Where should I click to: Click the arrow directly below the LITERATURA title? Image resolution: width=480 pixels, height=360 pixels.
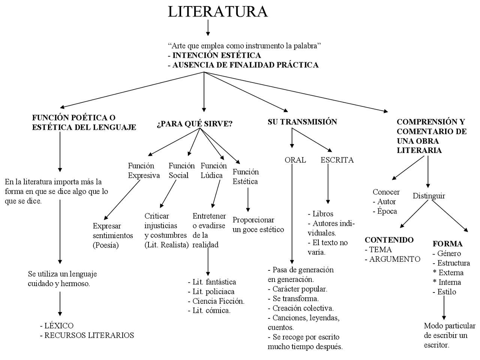pos(208,28)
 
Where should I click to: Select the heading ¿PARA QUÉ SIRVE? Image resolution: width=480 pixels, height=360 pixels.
pos(195,124)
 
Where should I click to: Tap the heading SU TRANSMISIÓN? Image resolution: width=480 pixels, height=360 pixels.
pos(302,121)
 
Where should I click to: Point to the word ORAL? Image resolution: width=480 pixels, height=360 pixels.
pos(295,160)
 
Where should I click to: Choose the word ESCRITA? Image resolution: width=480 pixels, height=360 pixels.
pos(337,160)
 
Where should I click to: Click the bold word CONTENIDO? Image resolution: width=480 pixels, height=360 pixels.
pos(389,240)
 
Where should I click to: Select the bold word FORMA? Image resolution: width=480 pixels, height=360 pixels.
pos(447,244)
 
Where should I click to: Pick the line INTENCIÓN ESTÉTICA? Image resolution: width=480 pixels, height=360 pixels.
pos(216,55)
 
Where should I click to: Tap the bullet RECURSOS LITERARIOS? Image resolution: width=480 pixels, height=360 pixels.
pos(89,335)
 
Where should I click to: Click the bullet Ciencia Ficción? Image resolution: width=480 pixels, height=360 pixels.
pos(218,301)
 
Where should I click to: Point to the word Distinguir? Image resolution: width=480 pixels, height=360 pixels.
pos(429,196)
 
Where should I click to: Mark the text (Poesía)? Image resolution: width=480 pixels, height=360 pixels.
pos(106,245)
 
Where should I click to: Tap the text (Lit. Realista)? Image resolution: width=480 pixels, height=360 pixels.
pos(166,245)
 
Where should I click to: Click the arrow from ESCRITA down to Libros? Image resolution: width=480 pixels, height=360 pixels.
pos(328,184)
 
